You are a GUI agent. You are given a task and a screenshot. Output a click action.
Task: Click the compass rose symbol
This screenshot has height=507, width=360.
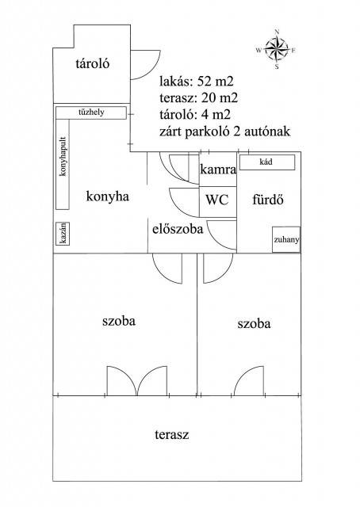coord(277,50)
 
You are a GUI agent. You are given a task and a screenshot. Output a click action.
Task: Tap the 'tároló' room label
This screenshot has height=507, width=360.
coord(93,63)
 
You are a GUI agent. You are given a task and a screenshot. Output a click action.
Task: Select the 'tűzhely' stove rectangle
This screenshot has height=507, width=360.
coord(91,112)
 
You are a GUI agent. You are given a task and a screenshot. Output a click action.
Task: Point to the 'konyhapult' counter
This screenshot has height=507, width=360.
coord(63,165)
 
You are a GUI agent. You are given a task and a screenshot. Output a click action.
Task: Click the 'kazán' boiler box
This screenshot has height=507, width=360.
coord(63,234)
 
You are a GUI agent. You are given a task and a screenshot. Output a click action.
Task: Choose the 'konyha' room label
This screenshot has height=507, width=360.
coord(108,196)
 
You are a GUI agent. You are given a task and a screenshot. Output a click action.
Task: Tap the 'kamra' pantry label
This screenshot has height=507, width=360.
coord(218,169)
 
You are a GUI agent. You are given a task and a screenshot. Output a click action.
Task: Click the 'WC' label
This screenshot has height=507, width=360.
coord(217,200)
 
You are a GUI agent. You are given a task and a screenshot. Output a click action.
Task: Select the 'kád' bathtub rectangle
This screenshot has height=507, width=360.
coord(267,162)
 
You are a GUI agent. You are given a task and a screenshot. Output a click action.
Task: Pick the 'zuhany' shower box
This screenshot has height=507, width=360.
coord(286,239)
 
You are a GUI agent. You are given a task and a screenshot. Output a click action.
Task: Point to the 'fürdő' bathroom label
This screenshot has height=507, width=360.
coord(268,200)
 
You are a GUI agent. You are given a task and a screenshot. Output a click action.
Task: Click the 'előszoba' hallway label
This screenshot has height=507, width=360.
coord(178,229)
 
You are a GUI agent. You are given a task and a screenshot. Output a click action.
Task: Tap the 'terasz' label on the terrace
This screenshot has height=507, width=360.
coord(171,434)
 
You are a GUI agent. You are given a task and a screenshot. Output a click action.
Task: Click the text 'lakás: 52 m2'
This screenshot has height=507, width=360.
coord(197,81)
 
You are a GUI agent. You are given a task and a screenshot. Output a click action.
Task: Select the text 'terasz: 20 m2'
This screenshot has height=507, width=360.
coord(198,97)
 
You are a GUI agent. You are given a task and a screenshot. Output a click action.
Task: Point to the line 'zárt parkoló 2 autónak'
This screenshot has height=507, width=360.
coord(224,132)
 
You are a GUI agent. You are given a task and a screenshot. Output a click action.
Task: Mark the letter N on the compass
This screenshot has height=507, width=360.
coord(277,32)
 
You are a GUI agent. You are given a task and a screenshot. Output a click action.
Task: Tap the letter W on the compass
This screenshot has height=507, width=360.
coord(259,50)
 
